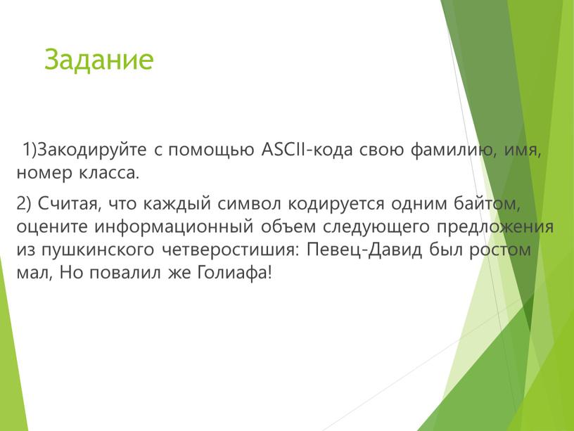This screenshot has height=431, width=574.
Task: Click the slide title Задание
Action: (x=98, y=60)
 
